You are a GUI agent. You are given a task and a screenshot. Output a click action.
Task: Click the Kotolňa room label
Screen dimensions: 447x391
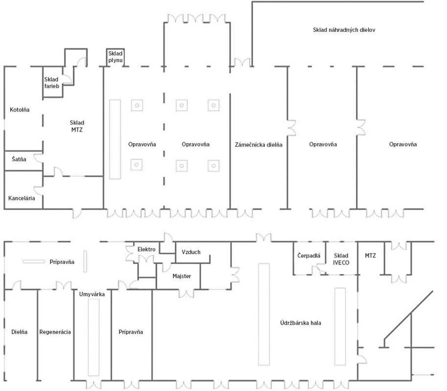pyautogui.click(x=20, y=109)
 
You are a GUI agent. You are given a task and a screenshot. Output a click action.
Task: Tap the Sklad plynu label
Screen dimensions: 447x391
pyautogui.click(x=116, y=57)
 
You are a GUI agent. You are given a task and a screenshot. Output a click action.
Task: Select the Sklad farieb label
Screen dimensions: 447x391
pyautogui.click(x=51, y=83)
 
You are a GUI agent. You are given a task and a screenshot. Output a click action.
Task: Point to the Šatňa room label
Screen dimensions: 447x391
pyautogui.click(x=19, y=159)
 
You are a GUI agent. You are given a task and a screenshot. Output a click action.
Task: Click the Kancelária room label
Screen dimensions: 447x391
pyautogui.click(x=22, y=198)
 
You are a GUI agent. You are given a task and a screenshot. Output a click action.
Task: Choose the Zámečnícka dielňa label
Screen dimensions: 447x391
pyautogui.click(x=259, y=145)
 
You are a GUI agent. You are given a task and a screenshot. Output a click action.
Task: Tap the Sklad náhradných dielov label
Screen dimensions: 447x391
pyautogui.click(x=344, y=30)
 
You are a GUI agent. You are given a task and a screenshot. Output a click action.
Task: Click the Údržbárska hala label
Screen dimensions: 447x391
pyautogui.click(x=301, y=323)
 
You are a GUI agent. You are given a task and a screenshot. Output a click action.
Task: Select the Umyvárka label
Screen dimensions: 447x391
pyautogui.click(x=92, y=294)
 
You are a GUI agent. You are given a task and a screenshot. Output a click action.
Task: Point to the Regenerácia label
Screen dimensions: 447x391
pyautogui.click(x=55, y=332)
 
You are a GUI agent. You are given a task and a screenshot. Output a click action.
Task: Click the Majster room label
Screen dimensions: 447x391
pyautogui.click(x=182, y=276)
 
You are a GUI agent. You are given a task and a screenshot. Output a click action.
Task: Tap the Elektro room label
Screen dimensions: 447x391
pyautogui.click(x=146, y=249)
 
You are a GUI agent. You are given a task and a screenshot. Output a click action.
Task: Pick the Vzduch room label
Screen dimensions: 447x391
pyautogui.click(x=191, y=252)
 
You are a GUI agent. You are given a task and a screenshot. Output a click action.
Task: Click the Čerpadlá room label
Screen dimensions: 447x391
pyautogui.click(x=309, y=256)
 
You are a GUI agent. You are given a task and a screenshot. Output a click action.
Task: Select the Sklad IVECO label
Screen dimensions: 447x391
pyautogui.click(x=341, y=259)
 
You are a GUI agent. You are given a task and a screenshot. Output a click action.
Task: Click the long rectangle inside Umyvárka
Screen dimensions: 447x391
pyautogui.click(x=94, y=337)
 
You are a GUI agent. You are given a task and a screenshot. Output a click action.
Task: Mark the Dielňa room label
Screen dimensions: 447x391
pyautogui.click(x=20, y=332)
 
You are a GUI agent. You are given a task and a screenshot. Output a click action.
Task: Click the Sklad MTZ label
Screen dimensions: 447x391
pyautogui.click(x=77, y=126)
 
